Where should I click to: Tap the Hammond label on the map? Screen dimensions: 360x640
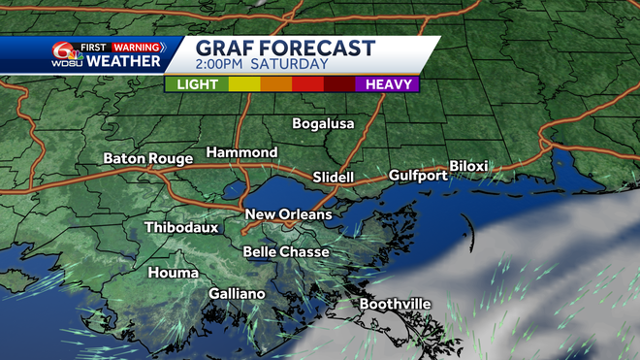[241, 153]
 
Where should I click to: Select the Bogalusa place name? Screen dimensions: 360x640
[324, 123]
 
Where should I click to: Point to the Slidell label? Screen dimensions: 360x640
[334, 178]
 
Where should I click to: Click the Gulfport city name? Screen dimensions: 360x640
[418, 176]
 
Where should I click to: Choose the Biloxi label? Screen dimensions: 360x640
[468, 166]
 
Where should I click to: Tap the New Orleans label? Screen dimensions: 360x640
[288, 214]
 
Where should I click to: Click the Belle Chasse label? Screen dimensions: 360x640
[285, 251]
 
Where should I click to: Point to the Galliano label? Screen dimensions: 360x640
[238, 293]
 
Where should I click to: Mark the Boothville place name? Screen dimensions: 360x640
[395, 304]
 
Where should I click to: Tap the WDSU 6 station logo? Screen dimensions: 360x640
[64, 54]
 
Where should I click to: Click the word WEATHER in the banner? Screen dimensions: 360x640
[123, 61]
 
